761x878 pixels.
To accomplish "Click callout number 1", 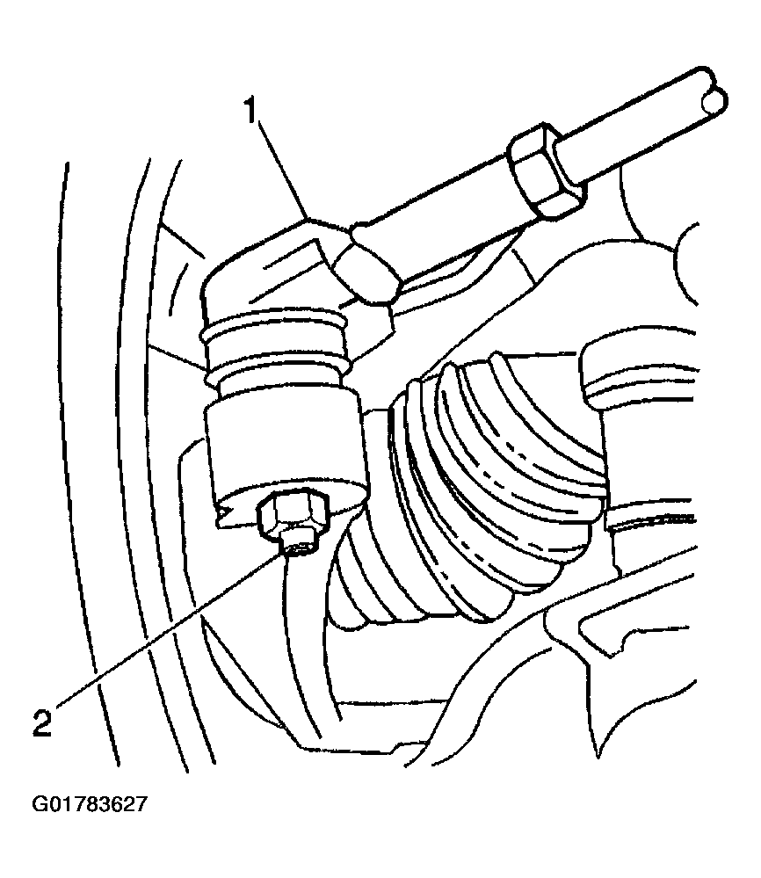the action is pos(250,111).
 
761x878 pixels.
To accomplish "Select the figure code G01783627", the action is pos(90,805).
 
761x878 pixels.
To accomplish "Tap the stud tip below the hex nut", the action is pos(299,546).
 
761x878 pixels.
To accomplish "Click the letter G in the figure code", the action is pos(40,805).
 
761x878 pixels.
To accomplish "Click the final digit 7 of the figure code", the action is pos(141,805).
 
